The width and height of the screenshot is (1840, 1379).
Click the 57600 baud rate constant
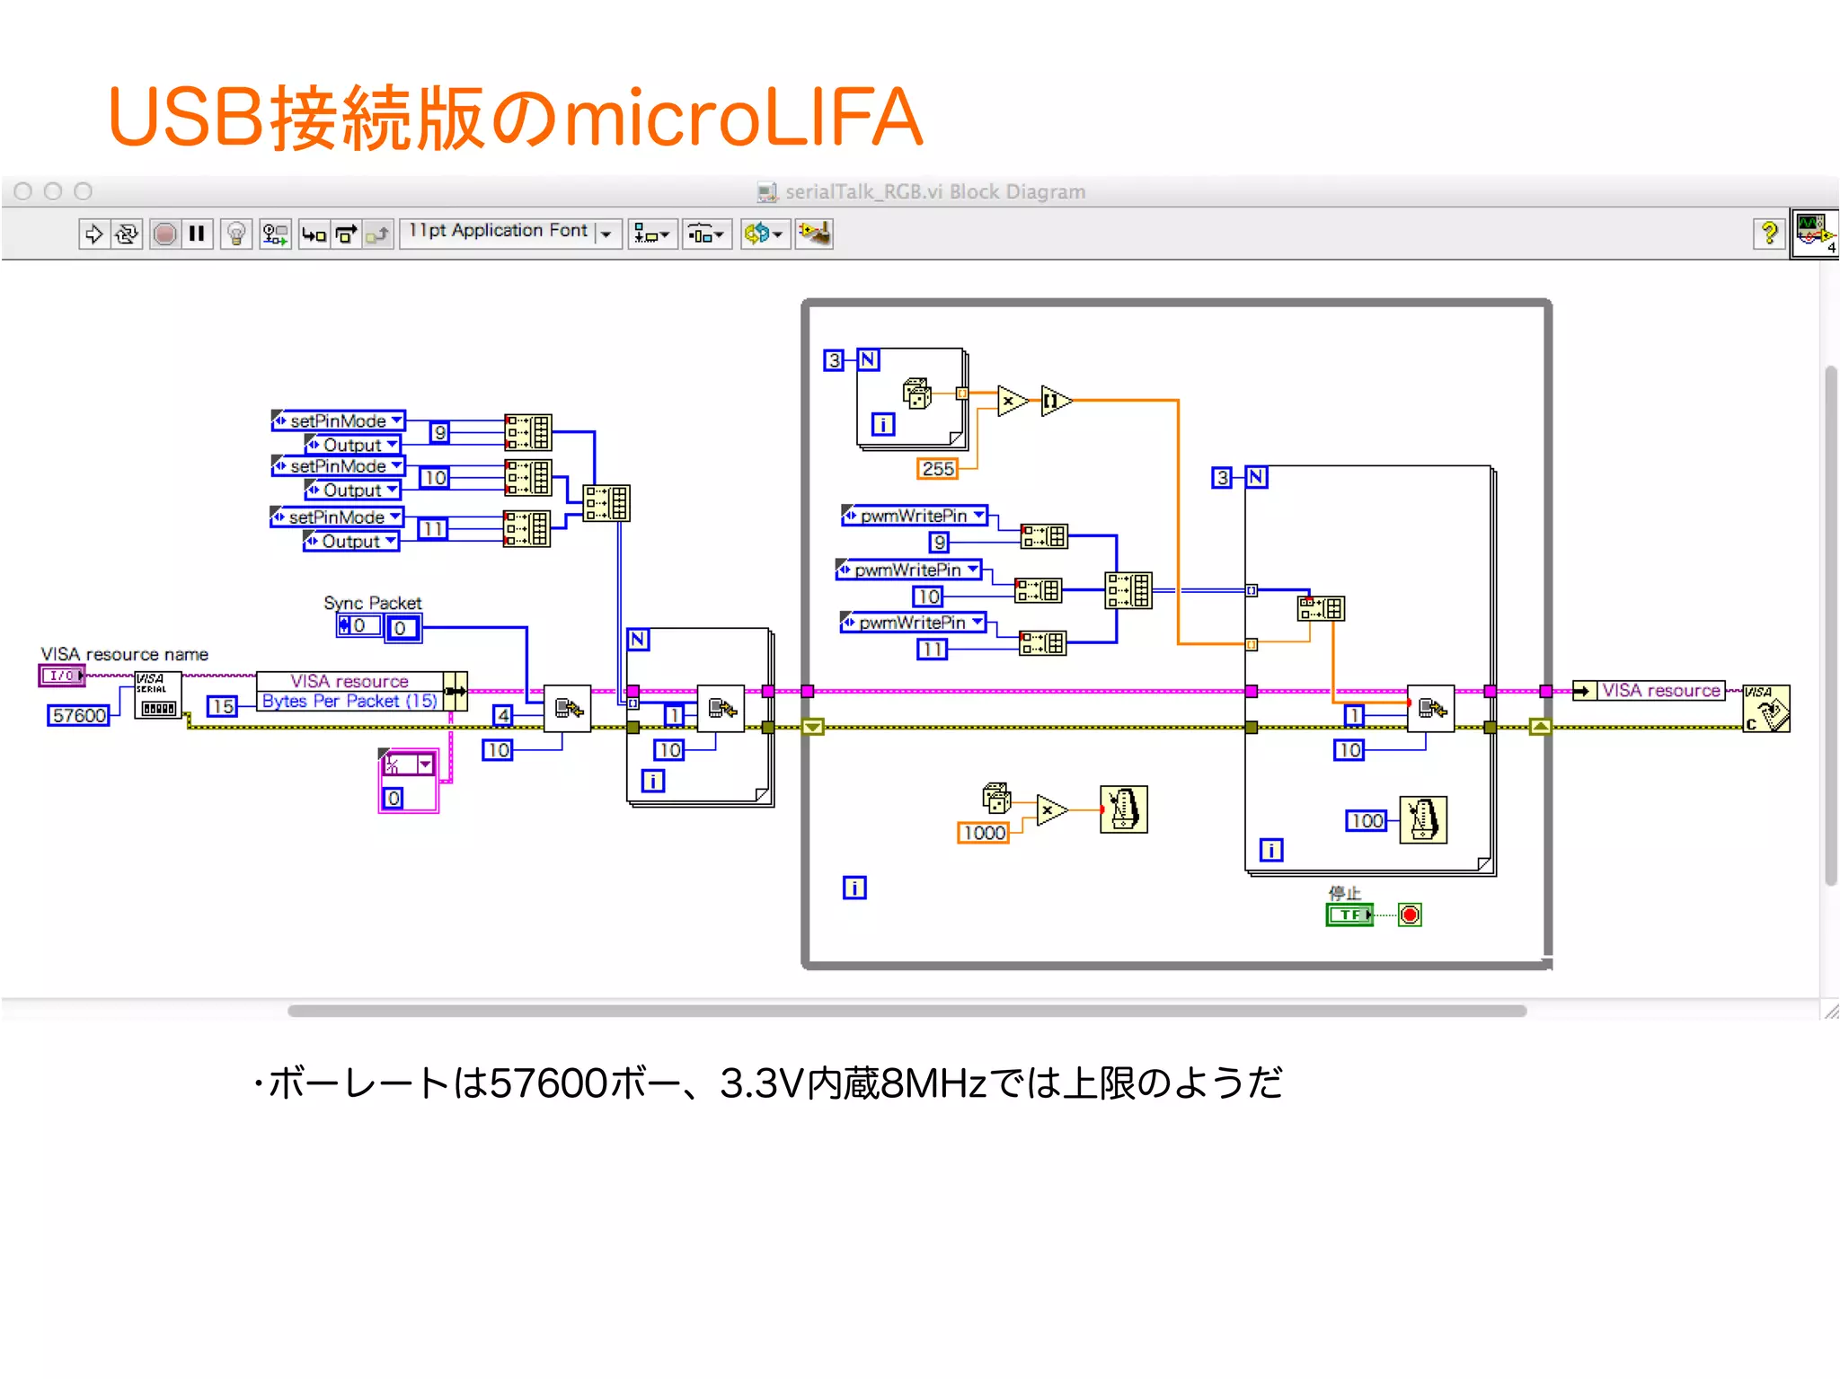[79, 715]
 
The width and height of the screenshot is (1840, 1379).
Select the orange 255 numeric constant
[937, 468]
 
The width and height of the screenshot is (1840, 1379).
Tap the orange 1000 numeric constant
[984, 833]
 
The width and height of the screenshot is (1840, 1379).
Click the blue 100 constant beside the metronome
[1367, 820]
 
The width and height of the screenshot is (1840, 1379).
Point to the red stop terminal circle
[1410, 915]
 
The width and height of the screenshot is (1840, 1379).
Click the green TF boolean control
[1349, 915]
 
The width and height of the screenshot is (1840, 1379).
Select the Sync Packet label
[372, 603]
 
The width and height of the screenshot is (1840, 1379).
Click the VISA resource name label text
[124, 654]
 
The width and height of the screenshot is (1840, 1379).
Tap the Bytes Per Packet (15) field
[349, 701]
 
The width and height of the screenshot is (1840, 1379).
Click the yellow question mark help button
[1768, 234]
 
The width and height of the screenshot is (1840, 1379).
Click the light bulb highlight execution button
[236, 234]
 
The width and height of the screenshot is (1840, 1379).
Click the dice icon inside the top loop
[916, 393]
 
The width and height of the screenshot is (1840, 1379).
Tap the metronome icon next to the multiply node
[1123, 809]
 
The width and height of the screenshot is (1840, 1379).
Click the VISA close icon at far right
[1765, 709]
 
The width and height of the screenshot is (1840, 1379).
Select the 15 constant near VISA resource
[222, 706]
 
